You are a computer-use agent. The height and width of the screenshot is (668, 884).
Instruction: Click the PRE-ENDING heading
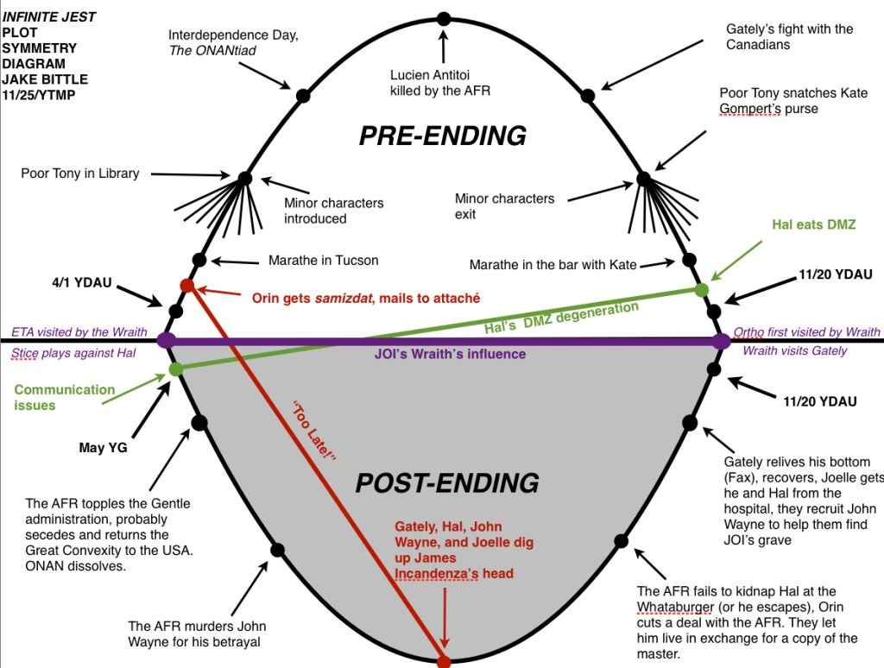click(442, 135)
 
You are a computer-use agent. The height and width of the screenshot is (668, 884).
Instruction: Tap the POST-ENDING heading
click(447, 482)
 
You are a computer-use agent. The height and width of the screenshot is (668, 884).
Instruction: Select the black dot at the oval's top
click(444, 18)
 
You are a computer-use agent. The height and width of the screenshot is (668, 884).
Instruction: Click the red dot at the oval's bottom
click(444, 662)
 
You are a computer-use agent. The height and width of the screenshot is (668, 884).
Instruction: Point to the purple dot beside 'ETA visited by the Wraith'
click(167, 340)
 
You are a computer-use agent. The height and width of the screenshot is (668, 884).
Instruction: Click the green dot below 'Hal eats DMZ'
click(701, 289)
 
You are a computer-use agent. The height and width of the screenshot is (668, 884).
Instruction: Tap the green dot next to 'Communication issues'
click(176, 369)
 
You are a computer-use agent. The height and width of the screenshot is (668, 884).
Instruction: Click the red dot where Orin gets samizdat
click(186, 285)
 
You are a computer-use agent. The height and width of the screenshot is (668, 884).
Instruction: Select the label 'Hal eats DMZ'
click(813, 224)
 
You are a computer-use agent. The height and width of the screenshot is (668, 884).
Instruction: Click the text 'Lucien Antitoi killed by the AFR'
click(440, 82)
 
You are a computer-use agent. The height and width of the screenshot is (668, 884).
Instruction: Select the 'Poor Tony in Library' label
click(79, 173)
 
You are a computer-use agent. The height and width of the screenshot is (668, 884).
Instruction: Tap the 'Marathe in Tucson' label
click(323, 260)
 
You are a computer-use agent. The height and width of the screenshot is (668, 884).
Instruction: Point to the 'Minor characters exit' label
click(505, 205)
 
